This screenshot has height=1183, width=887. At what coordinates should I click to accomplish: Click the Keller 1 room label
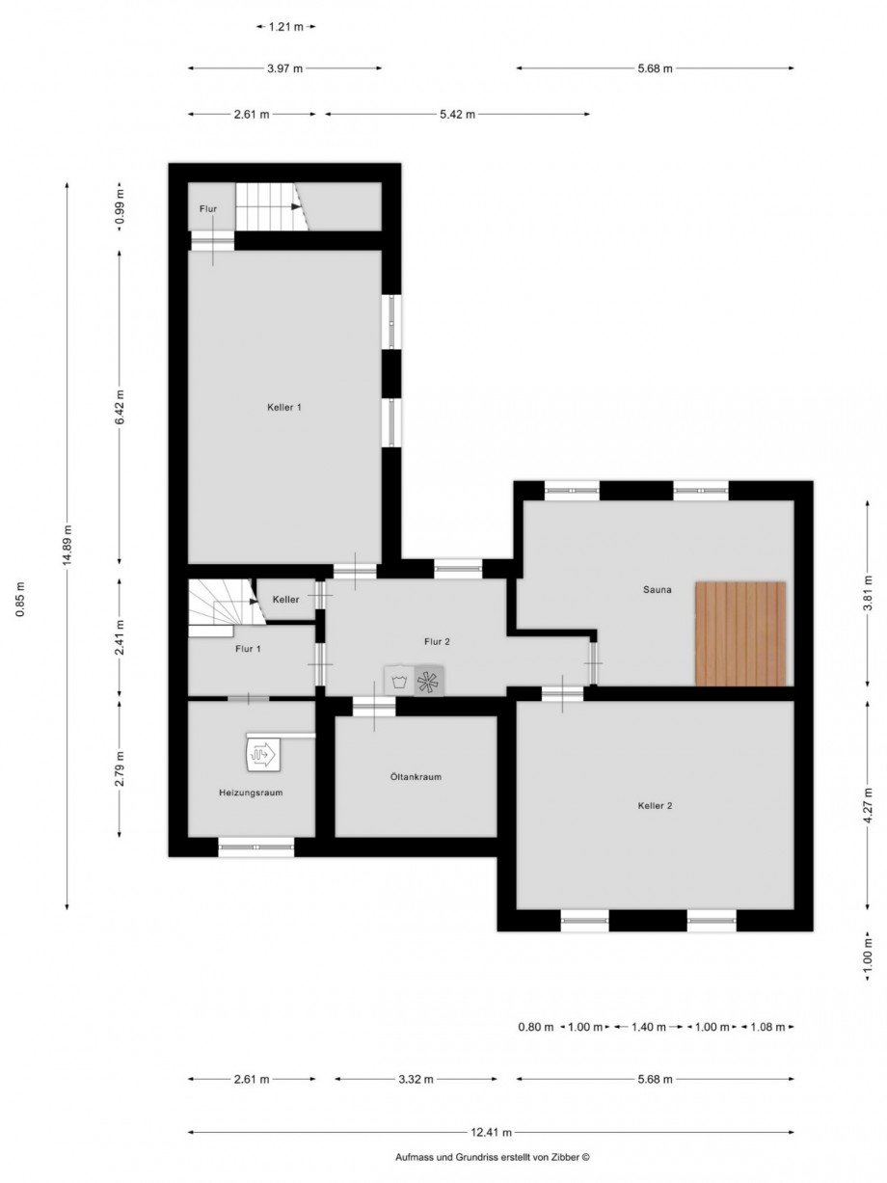[x=284, y=408]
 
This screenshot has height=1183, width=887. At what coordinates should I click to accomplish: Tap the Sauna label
[x=658, y=589]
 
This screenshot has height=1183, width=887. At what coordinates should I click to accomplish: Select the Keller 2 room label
[x=655, y=805]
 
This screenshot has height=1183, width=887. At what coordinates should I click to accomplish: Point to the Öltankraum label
[x=416, y=776]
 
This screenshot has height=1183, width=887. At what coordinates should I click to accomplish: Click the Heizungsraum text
[x=250, y=793]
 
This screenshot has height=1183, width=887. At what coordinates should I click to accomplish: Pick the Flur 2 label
[x=437, y=641]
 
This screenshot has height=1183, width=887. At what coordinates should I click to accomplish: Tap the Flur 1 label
[x=248, y=649]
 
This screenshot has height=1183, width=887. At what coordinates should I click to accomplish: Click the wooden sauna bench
[x=739, y=633]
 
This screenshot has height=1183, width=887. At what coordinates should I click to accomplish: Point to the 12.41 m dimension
[x=492, y=1133]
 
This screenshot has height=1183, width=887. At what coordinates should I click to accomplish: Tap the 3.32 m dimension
[x=416, y=1079]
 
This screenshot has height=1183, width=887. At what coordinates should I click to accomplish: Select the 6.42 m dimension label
[x=120, y=406]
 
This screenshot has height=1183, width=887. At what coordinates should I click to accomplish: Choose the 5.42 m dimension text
[x=457, y=114]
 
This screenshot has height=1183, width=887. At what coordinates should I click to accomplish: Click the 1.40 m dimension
[x=648, y=1027]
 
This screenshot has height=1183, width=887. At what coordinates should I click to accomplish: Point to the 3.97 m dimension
[x=285, y=67]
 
